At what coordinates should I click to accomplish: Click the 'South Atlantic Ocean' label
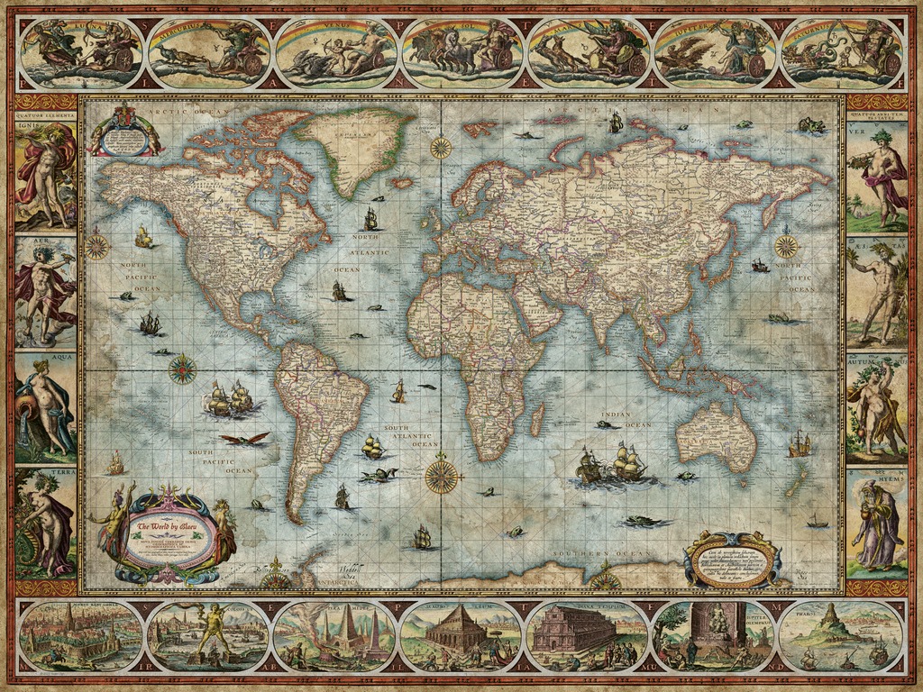pyautogui.click(x=411, y=435)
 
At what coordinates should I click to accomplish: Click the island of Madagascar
pyautogui.click(x=536, y=419)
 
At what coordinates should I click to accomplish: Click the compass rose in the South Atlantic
pyautogui.click(x=441, y=476)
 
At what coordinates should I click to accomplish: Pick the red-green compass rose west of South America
pyautogui.click(x=183, y=369)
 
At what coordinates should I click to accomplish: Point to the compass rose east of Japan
pyautogui.click(x=786, y=245)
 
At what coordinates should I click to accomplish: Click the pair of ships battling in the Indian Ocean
pyautogui.click(x=613, y=465)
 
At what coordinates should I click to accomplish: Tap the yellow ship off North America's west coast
pyautogui.click(x=142, y=237)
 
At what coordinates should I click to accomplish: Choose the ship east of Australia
pyautogui.click(x=800, y=443)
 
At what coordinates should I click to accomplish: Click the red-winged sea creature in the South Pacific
pyautogui.click(x=245, y=439)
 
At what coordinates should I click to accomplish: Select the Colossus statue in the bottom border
pyautogui.click(x=208, y=634)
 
